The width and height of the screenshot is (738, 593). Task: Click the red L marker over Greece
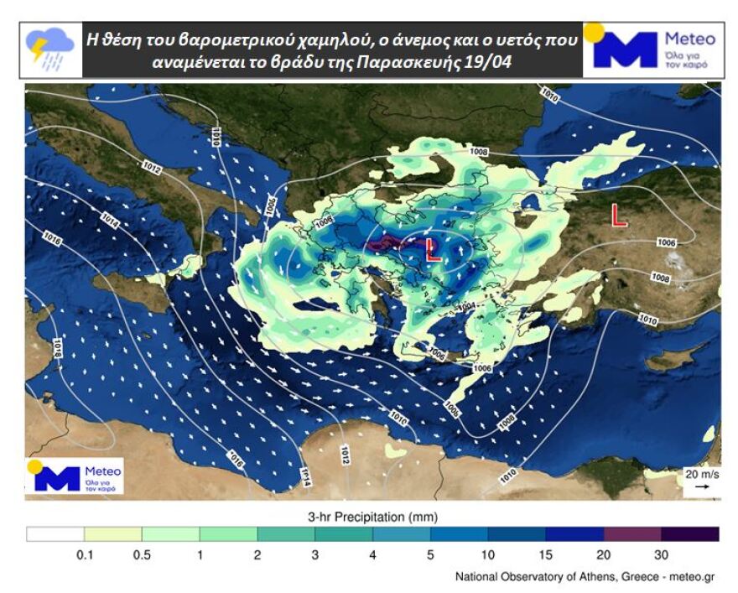[x=434, y=250]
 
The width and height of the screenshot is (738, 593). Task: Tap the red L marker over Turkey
[x=619, y=216]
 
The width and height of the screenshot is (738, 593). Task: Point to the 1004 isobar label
[x=465, y=305]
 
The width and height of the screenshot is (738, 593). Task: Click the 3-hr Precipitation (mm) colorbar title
[x=372, y=517]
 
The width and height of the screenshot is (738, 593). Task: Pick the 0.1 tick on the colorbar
[x=84, y=554]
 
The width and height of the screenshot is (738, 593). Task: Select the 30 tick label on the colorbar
[x=661, y=554]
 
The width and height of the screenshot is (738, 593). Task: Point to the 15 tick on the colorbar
[x=545, y=554]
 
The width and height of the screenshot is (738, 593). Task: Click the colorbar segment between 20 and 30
[x=632, y=534]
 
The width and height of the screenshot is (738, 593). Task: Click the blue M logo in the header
[x=626, y=49]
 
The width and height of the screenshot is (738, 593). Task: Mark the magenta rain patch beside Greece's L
[x=387, y=244]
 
